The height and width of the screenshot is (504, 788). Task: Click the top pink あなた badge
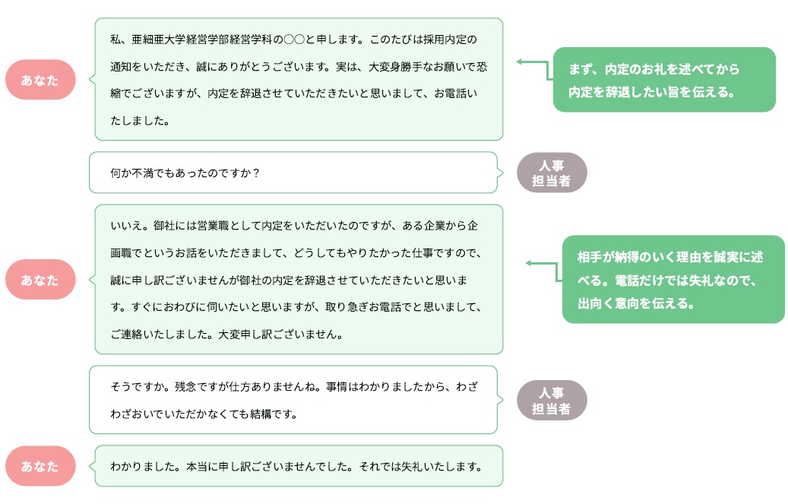point(40,80)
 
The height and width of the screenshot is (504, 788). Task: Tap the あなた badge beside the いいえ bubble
point(40,280)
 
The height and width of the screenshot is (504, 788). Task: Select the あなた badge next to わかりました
point(40,466)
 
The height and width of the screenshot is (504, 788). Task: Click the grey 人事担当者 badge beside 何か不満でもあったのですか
point(552,173)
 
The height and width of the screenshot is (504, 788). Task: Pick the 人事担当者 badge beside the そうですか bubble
point(552,400)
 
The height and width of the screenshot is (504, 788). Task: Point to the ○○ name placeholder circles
point(293,39)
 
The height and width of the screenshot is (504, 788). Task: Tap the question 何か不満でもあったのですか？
point(185,173)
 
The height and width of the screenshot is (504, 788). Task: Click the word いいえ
point(124,227)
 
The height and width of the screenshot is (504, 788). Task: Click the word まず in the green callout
point(581,69)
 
